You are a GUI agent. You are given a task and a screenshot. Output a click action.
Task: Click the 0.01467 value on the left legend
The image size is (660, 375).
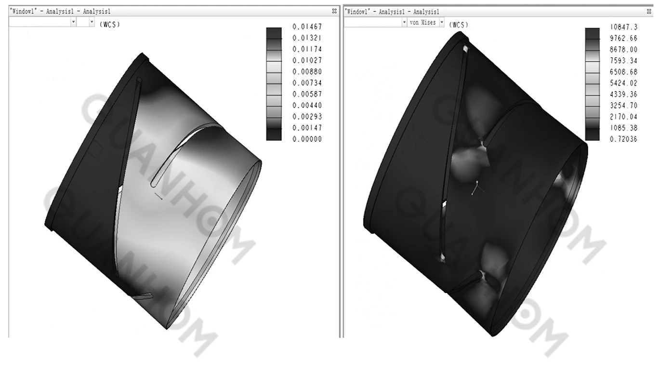point(307,27)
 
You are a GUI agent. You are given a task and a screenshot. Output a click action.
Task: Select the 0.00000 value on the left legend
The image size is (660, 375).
point(307,139)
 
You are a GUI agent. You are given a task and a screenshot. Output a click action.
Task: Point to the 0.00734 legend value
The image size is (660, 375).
point(307,83)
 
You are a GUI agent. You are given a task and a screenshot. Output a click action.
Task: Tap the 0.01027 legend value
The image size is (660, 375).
point(307,60)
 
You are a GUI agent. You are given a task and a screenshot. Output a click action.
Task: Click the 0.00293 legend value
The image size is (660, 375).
point(307,117)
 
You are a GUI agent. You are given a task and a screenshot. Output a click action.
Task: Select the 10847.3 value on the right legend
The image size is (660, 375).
point(623,27)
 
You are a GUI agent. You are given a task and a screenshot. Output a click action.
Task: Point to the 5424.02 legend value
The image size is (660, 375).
point(623,83)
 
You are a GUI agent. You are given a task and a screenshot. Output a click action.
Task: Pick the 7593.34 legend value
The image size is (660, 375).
point(623,61)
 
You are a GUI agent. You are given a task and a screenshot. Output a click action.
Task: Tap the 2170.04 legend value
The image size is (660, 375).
point(623,117)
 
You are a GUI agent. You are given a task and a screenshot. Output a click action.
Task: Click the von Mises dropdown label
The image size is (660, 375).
point(422,23)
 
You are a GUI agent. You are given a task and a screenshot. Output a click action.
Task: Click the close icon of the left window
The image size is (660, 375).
point(334,11)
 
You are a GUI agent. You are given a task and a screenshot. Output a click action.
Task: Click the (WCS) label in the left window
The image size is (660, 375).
point(109,25)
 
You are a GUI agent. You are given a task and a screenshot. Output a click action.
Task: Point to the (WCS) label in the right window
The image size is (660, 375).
point(458,24)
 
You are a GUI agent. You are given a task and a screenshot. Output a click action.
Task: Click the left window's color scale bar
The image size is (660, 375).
point(274,83)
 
